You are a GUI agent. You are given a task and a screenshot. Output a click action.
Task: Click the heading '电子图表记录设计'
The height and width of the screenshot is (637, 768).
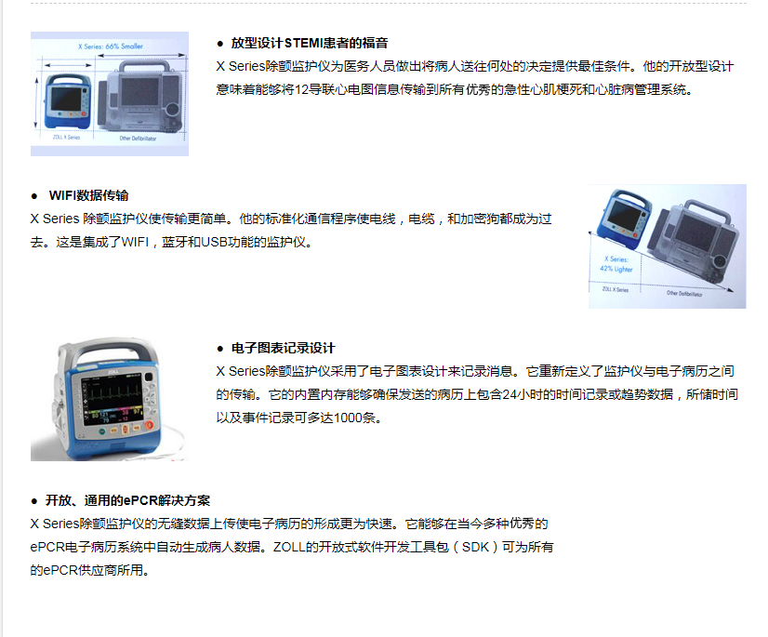coord(283,348)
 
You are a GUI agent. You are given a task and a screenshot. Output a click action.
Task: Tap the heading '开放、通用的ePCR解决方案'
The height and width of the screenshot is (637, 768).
coord(127,500)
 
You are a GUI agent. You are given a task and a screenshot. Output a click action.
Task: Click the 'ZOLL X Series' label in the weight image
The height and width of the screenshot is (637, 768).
coord(615,289)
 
